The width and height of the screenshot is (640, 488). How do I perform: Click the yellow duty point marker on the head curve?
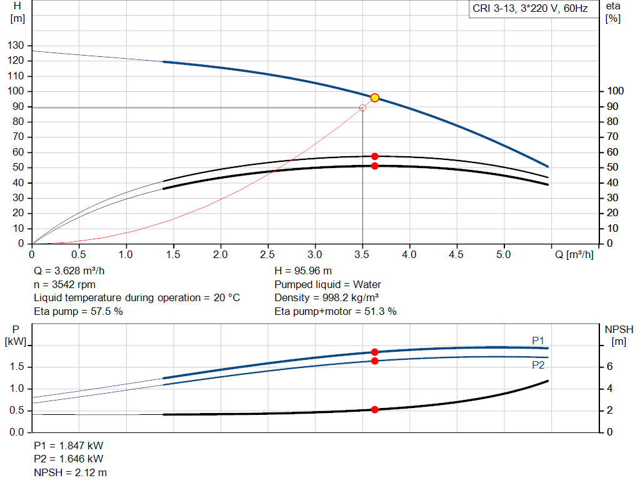pyautogui.click(x=375, y=98)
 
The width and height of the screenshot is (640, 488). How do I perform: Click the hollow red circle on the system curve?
pyautogui.click(x=362, y=108)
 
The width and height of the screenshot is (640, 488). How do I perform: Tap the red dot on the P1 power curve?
pyautogui.click(x=375, y=352)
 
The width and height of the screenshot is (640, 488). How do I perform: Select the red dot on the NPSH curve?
pyautogui.click(x=375, y=410)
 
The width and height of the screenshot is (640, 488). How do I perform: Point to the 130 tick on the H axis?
pyautogui.click(x=16, y=45)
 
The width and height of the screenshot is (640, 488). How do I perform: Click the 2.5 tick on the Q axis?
pyautogui.click(x=267, y=254)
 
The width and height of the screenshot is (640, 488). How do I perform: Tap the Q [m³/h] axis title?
pyautogui.click(x=574, y=254)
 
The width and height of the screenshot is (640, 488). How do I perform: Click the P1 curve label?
pyautogui.click(x=538, y=341)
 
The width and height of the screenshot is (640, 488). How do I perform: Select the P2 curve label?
pyautogui.click(x=538, y=365)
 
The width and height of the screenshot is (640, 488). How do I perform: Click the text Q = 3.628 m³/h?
pyautogui.click(x=69, y=271)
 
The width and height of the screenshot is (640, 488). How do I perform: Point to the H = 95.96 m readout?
pyautogui.click(x=303, y=271)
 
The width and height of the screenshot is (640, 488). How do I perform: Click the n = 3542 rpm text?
pyautogui.click(x=65, y=284)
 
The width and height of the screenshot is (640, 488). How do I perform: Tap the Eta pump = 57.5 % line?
pyautogui.click(x=78, y=312)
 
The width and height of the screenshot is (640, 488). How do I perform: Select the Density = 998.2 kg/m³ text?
pyautogui.click(x=326, y=298)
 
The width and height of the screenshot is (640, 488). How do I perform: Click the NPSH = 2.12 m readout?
pyautogui.click(x=70, y=472)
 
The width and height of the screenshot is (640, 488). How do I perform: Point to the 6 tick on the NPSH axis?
pyautogui.click(x=609, y=366)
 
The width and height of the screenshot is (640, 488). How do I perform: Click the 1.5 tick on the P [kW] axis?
pyautogui.click(x=17, y=366)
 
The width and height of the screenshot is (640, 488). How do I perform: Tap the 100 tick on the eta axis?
pyautogui.click(x=615, y=91)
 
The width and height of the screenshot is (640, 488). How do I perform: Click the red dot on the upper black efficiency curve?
pyautogui.click(x=375, y=156)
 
